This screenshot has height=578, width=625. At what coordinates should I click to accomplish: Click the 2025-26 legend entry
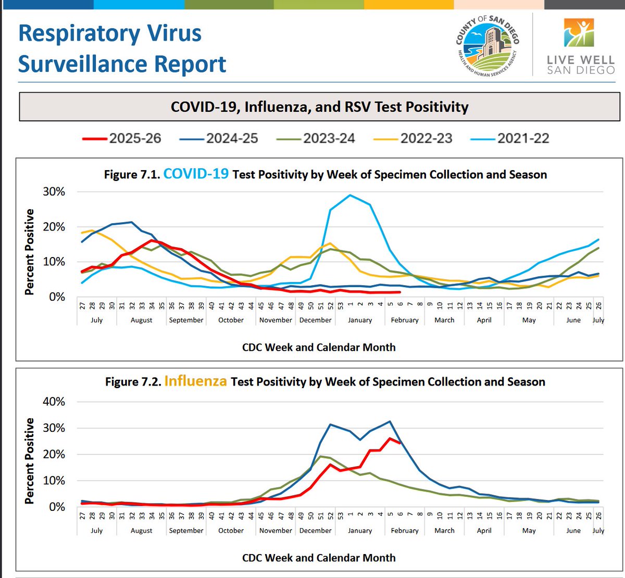click(121, 138)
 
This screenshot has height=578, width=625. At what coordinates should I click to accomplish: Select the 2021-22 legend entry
click(509, 138)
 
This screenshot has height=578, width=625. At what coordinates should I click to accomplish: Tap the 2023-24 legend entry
click(315, 138)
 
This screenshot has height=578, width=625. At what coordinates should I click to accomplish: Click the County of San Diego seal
click(488, 46)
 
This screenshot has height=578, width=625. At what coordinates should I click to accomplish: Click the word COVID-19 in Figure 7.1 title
click(196, 174)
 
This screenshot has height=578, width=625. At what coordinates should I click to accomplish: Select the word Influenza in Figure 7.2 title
click(195, 381)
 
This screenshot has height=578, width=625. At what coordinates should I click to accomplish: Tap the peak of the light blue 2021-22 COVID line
click(351, 195)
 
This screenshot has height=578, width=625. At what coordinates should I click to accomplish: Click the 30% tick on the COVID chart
click(54, 191)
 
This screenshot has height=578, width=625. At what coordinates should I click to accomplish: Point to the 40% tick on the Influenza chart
click(54, 402)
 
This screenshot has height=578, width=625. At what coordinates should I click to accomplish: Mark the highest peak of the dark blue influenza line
click(390, 421)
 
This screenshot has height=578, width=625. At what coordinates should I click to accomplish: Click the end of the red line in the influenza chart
click(400, 443)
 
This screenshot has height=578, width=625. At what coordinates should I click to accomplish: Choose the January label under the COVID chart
click(360, 320)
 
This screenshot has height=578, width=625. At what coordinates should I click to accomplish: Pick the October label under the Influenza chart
click(231, 531)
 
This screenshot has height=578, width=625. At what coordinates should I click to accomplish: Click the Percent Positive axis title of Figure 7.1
click(29, 252)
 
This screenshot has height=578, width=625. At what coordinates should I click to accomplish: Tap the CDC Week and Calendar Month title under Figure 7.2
click(319, 558)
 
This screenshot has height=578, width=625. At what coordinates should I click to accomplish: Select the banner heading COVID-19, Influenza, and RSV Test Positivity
click(319, 107)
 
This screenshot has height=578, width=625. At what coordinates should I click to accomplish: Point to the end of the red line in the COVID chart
click(400, 292)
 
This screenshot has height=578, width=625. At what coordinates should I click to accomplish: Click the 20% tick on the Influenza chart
click(54, 454)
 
